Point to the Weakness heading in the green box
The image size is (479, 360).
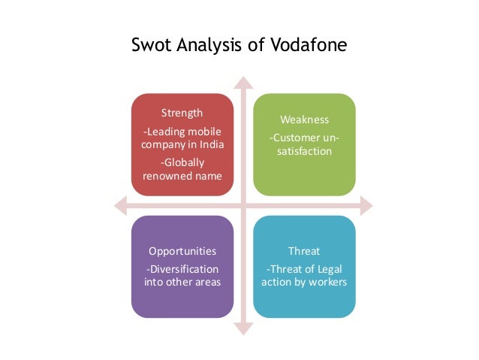[x=304, y=119]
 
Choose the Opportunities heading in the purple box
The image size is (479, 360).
[x=182, y=251]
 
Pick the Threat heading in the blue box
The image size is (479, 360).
[x=304, y=251]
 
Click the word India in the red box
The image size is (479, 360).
[x=212, y=145]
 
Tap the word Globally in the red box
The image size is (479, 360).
[x=184, y=162]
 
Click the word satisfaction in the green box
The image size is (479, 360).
[x=304, y=151]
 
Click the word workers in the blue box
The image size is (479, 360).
[x=328, y=283]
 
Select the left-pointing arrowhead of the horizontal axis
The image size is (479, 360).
[x=119, y=205]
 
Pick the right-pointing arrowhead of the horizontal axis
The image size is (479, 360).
[x=366, y=205]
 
